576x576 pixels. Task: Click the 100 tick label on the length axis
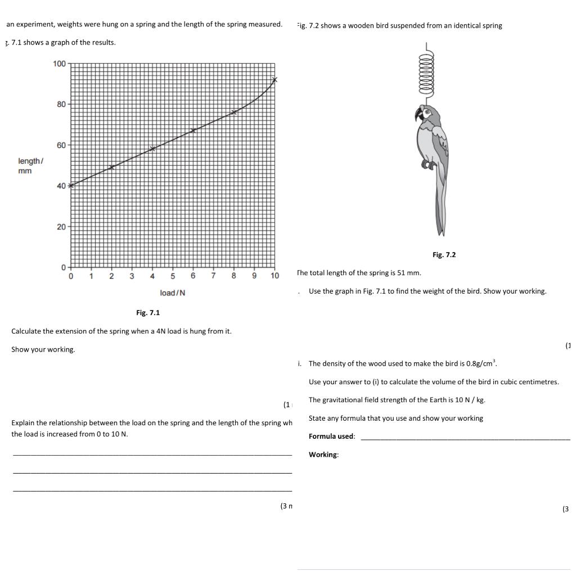click(x=59, y=64)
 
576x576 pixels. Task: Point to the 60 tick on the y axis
click(x=61, y=145)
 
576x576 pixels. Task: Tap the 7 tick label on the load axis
click(x=213, y=276)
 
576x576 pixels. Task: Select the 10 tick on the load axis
click(x=274, y=276)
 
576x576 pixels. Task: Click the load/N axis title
click(x=173, y=293)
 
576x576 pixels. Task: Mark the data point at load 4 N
click(x=152, y=148)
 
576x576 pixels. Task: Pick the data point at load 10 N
click(x=274, y=80)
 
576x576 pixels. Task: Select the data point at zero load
click(x=71, y=185)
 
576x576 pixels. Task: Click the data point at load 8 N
click(x=234, y=112)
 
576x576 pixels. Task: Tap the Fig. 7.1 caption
click(x=148, y=313)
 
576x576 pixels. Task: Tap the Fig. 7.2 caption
click(x=444, y=255)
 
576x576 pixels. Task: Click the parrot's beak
click(x=418, y=115)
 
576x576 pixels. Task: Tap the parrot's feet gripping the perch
click(x=430, y=165)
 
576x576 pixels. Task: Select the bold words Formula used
click(x=331, y=436)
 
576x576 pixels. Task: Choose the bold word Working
click(x=323, y=454)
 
